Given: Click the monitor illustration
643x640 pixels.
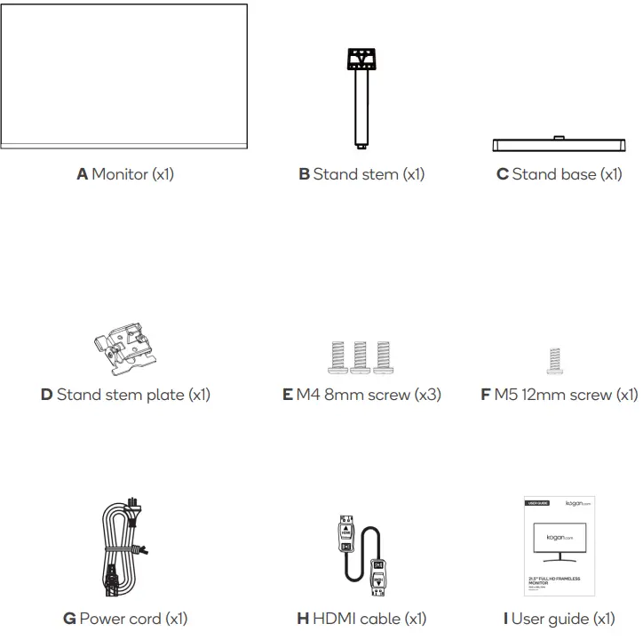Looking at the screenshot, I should (124, 76).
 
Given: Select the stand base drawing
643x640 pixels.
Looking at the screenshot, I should (559, 146).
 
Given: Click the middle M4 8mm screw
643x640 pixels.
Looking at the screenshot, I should (361, 355).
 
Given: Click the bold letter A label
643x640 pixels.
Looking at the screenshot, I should (82, 174).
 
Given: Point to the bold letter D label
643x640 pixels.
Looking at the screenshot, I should (46, 395).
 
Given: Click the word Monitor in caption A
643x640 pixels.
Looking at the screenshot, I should (120, 174).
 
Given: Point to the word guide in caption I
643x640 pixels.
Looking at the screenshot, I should (568, 619).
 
